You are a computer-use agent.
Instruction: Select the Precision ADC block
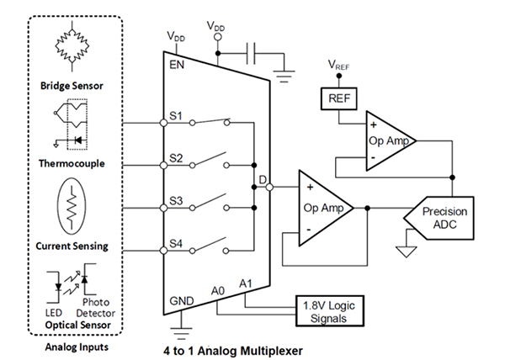pos(445,218)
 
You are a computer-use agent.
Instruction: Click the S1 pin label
pos(178,114)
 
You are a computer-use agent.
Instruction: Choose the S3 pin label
pos(178,200)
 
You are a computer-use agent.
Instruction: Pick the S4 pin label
pos(178,245)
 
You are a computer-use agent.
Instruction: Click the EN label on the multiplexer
pos(177,62)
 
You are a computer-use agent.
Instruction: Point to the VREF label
pos(338,64)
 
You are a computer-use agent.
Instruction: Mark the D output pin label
pos(263,178)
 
